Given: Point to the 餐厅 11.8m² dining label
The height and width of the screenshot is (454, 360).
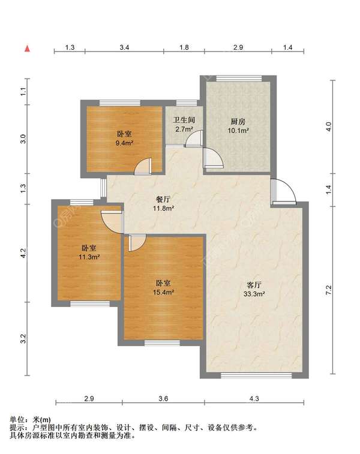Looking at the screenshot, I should coord(163,205).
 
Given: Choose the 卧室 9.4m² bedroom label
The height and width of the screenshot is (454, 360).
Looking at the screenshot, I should coord(124,139).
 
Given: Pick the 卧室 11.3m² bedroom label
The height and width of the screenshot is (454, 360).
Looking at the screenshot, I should coord(89,252).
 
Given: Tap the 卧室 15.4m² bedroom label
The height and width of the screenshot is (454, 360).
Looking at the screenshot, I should coord(164,287).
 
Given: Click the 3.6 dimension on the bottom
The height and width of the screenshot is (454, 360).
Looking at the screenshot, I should coord(163,398).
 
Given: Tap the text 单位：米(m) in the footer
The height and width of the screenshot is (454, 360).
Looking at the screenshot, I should coord(31,419).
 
